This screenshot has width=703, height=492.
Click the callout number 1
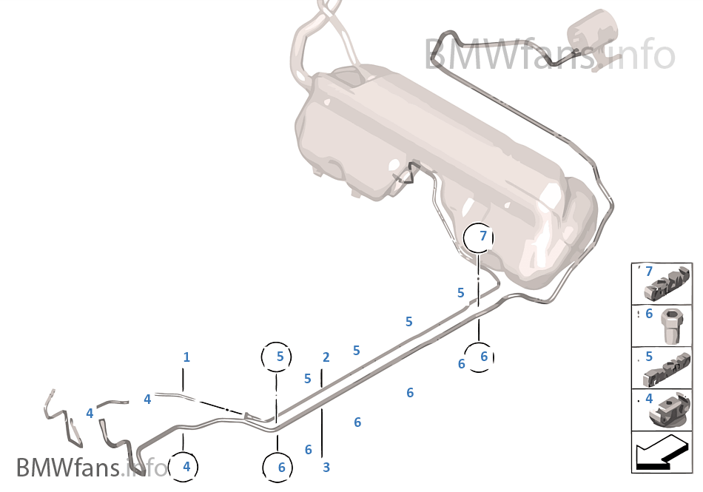[186, 357]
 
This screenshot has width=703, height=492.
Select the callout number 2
[326, 357]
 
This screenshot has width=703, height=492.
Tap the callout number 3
[326, 467]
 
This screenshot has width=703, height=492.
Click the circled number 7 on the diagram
[482, 236]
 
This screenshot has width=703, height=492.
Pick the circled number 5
[280, 357]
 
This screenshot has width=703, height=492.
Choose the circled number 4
[186, 467]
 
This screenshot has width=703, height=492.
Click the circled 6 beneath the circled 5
[281, 467]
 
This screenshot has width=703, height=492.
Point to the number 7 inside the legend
[649, 272]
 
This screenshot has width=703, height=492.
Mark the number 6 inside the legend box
[649, 314]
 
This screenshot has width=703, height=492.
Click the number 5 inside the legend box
[649, 357]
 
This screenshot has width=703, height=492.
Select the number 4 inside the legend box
[649, 399]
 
